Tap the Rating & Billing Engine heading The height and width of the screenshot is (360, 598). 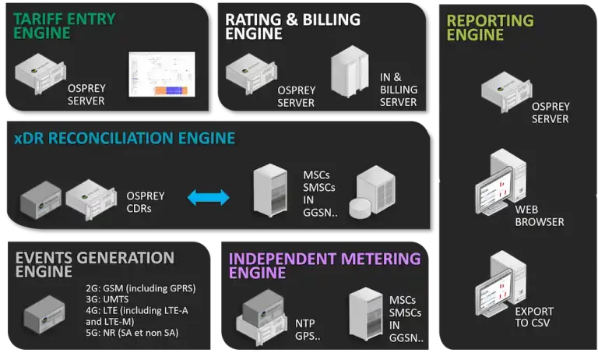293,26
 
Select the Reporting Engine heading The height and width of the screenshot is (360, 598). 491,27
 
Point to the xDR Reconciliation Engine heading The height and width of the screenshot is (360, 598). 125,139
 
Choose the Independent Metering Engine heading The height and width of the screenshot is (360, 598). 325,265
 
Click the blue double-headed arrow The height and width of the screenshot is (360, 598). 209,198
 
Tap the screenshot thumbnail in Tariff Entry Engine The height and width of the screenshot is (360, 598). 162,76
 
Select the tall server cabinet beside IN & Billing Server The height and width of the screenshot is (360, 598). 348,76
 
